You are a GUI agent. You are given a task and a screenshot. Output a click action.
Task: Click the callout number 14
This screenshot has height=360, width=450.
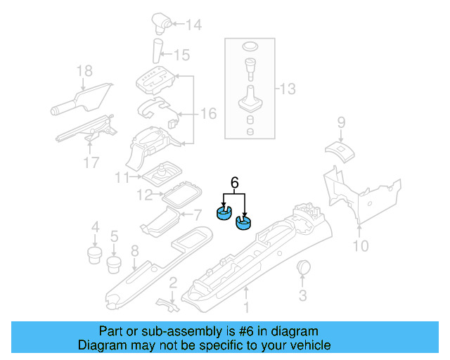click(x=193, y=26)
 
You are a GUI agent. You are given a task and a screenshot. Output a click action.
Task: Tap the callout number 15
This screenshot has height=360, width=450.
click(x=182, y=54)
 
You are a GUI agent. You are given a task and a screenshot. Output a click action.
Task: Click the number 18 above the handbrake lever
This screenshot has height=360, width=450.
click(x=84, y=70)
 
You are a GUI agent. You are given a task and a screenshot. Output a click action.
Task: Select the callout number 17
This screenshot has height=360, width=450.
click(x=91, y=164)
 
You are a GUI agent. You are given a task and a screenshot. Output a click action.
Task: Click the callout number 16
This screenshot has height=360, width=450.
click(x=209, y=113)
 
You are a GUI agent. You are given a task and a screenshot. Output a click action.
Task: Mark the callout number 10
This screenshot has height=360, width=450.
click(x=360, y=245)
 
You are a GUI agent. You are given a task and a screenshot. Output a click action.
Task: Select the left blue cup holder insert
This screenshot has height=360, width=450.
click(x=224, y=213)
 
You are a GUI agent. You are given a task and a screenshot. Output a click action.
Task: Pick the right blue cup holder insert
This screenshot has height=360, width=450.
click(x=244, y=224)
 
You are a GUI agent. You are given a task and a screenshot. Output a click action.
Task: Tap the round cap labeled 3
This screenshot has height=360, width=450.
click(x=304, y=267)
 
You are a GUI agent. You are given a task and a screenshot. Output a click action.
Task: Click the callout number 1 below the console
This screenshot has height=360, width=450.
click(x=246, y=307)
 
